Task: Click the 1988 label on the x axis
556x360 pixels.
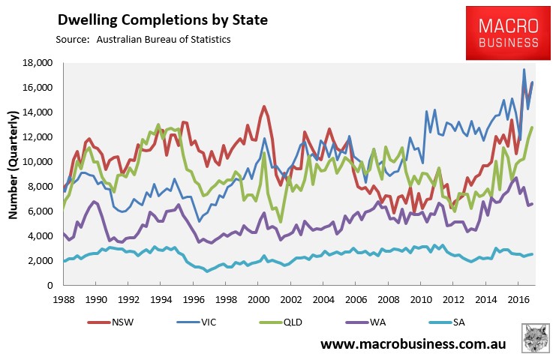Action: (62, 298)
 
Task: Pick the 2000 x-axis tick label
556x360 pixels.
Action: (259, 298)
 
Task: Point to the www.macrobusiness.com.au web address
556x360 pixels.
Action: (412, 345)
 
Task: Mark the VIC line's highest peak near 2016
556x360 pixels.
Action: (524, 70)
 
